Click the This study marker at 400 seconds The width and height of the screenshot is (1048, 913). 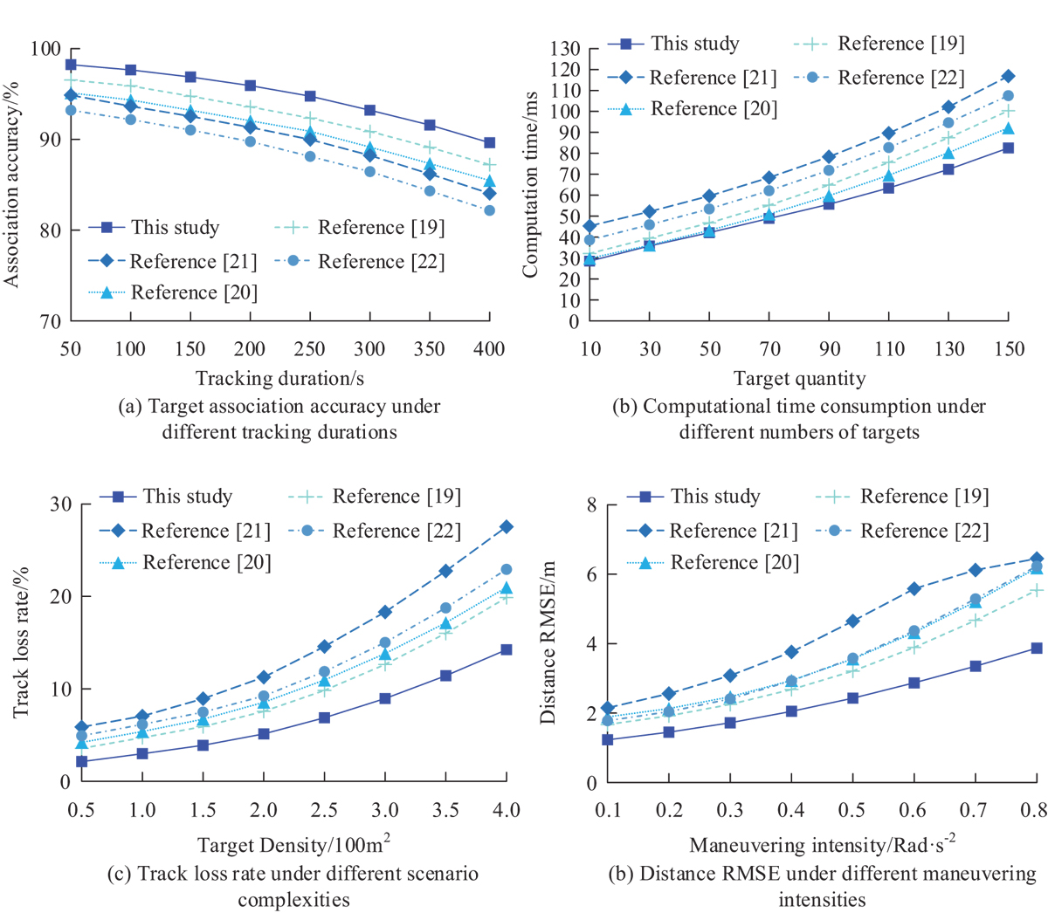pos(489,142)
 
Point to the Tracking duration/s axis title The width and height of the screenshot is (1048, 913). pos(279,378)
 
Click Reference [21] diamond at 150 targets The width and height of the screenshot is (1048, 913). pos(1008,77)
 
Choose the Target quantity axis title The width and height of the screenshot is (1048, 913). pos(799,378)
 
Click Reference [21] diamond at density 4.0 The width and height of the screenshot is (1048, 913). pos(506,527)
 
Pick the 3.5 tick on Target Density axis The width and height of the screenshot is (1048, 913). pos(445,811)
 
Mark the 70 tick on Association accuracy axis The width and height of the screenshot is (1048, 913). pos(51,322)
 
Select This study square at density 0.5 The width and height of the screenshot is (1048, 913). pos(81,761)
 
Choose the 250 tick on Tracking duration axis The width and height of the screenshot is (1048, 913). pos(309,349)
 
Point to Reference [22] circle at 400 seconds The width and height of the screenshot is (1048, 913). pos(489,210)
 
